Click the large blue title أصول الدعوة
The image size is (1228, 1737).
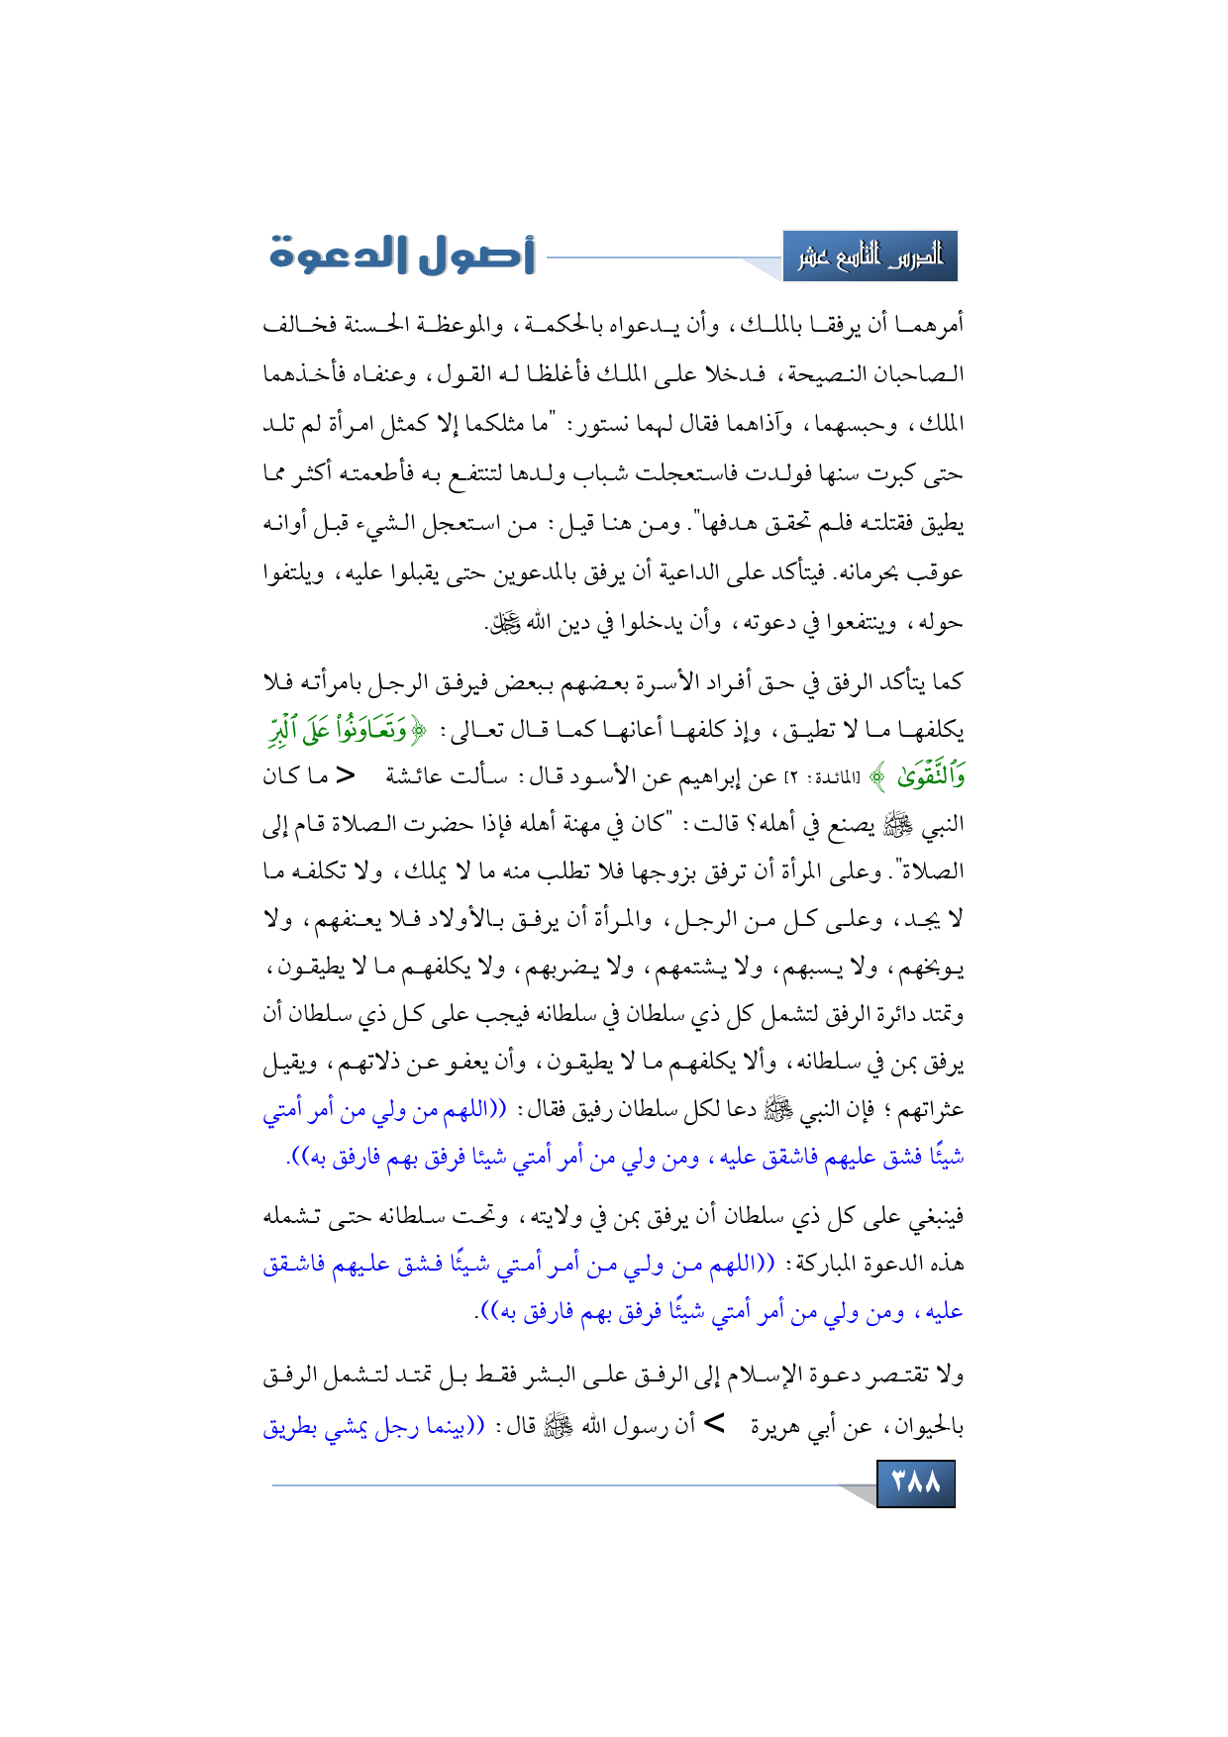(402, 255)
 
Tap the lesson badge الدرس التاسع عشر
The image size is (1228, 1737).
(870, 256)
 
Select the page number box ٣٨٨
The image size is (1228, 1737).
(916, 1482)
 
